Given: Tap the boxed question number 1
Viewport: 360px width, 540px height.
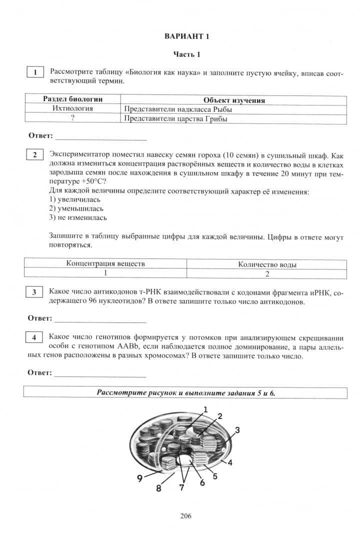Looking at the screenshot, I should point(34,72).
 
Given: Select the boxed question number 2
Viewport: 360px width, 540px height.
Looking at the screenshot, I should point(34,154).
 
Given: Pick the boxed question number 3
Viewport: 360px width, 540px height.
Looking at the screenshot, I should point(34,291).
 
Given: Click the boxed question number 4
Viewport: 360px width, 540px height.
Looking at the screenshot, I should point(34,337).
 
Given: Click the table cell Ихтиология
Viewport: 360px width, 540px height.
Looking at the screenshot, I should point(72,109).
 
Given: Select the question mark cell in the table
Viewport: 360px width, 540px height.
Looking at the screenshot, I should point(72,118).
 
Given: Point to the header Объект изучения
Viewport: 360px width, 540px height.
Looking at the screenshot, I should point(234,100).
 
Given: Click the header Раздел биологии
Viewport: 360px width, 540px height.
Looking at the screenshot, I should point(73,100).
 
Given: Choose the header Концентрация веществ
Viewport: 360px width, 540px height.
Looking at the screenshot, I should point(105,263).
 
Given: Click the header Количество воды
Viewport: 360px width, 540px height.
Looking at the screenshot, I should point(267,264).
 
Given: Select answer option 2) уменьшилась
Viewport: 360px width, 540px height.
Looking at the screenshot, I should point(76,208).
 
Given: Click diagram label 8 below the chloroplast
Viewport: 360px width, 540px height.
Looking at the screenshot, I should point(158,488).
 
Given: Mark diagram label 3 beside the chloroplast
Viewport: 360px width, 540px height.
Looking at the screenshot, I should point(237,429).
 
